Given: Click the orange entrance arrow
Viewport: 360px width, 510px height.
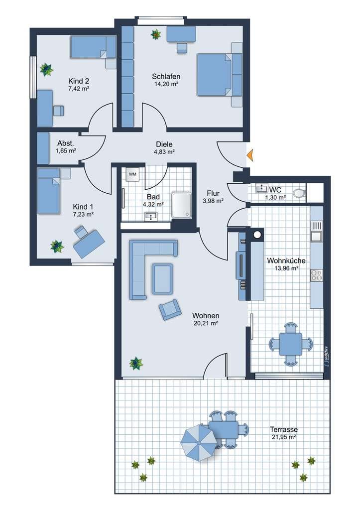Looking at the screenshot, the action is pyautogui.click(x=250, y=155).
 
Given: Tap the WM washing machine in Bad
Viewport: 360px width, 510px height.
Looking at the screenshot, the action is pyautogui.click(x=132, y=174).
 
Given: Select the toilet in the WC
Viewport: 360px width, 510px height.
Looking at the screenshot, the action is pyautogui.click(x=299, y=193).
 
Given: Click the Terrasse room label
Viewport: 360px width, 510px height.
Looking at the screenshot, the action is pyautogui.click(x=284, y=429).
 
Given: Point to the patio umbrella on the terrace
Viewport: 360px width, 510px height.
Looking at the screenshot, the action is pyautogui.click(x=198, y=443).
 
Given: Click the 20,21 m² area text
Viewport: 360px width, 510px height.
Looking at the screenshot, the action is pyautogui.click(x=206, y=323).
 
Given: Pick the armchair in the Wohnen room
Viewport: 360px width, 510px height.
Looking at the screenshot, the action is pyautogui.click(x=170, y=310).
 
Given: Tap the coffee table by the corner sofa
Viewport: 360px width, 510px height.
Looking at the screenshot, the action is pyautogui.click(x=163, y=279).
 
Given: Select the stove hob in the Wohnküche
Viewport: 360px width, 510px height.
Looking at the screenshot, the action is pyautogui.click(x=316, y=275).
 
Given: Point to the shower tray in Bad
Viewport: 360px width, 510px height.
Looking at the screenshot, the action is pyautogui.click(x=181, y=205).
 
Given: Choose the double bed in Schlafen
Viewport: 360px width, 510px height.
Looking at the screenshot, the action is pyautogui.click(x=220, y=75).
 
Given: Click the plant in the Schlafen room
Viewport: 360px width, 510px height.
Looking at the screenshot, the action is pyautogui.click(x=156, y=34).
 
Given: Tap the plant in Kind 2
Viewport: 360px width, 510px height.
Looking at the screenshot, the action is pyautogui.click(x=46, y=69).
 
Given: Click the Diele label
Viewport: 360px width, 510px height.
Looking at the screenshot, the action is pyautogui.click(x=164, y=144).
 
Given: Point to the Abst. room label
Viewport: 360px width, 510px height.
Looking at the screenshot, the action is pyautogui.click(x=66, y=143).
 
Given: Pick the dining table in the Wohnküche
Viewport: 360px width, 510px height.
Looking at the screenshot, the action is pyautogui.click(x=291, y=344).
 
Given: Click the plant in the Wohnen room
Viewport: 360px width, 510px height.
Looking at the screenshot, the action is pyautogui.click(x=136, y=363).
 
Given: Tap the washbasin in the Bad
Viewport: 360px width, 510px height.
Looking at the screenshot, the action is pyautogui.click(x=151, y=216).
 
